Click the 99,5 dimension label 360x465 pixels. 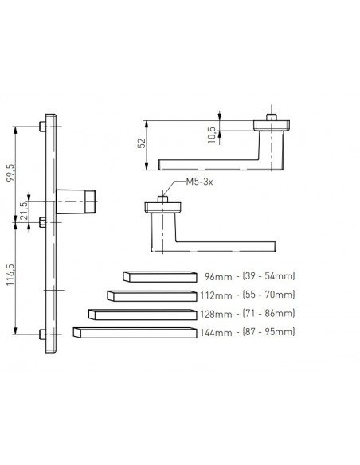point(11,174)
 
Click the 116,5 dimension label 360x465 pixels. point(11,275)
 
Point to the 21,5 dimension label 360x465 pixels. point(25,210)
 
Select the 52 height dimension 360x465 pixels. point(143,143)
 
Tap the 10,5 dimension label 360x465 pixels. point(212,135)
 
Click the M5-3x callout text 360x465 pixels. point(199,182)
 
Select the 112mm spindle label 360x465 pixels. point(216,295)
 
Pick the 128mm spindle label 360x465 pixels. point(216,314)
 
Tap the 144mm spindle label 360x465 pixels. point(216,333)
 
